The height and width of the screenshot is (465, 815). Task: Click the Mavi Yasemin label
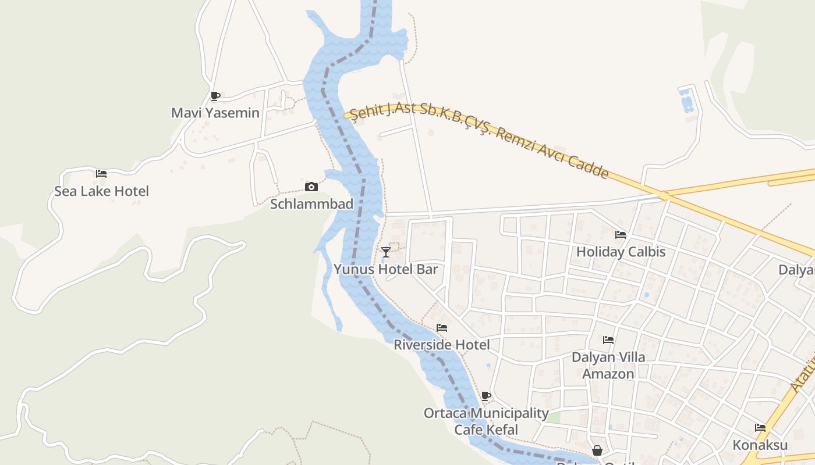tap(215, 113)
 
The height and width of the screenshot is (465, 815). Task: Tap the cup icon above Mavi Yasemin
tap(215, 96)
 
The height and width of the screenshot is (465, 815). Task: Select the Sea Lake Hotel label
tap(101, 191)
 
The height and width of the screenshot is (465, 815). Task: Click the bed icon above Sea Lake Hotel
tap(101, 174)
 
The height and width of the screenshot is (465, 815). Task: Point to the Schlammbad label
tap(311, 204)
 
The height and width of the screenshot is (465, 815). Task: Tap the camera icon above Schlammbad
tap(311, 187)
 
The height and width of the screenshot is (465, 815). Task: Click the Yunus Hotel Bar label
tap(385, 269)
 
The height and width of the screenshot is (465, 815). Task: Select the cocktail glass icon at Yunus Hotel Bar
tap(385, 252)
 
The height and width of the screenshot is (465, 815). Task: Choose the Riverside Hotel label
tap(442, 345)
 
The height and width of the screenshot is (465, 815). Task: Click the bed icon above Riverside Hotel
tap(442, 328)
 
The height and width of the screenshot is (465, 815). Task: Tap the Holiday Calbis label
tap(621, 252)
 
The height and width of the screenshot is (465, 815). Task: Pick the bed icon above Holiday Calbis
tap(621, 235)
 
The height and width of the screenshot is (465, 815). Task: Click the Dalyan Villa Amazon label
tap(608, 365)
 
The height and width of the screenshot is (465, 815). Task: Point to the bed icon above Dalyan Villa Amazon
tap(608, 339)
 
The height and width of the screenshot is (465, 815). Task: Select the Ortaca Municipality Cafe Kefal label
tap(486, 421)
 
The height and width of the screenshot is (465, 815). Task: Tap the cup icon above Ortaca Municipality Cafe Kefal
tap(486, 396)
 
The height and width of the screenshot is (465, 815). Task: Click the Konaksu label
tap(760, 445)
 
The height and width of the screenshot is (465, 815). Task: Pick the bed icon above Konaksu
tap(760, 428)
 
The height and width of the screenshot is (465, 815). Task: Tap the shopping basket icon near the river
tap(597, 450)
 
